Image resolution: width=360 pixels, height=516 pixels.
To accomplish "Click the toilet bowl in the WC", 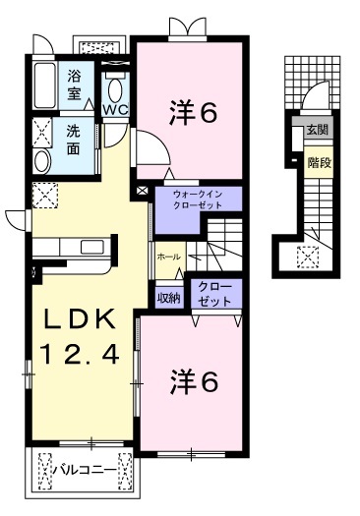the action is click(x=115, y=89).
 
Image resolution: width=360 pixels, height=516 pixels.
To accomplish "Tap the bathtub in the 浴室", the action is click(x=45, y=86).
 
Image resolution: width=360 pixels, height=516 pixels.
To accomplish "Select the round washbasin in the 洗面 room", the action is click(x=42, y=161).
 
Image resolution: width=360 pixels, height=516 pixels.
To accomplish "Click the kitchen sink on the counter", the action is click(x=91, y=247).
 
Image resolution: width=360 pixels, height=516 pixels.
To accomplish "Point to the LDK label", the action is click(x=81, y=319).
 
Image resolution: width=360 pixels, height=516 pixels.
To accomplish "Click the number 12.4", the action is click(x=79, y=354).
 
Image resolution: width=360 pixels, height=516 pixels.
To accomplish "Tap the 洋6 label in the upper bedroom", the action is click(x=193, y=113).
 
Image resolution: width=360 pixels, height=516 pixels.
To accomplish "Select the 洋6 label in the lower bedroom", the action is click(x=194, y=382).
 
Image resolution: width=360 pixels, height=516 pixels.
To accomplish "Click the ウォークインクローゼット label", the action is click(x=198, y=200).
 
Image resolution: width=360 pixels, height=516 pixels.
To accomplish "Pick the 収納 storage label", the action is click(x=169, y=298).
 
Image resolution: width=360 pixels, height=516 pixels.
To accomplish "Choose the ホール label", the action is click(x=168, y=257).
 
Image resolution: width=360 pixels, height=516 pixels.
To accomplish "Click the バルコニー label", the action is click(x=86, y=470).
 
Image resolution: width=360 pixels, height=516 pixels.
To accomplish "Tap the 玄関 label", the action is click(x=318, y=130).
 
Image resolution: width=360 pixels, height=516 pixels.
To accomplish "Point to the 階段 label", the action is click(x=319, y=162).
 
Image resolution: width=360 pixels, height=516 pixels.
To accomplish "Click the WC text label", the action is click(x=115, y=110).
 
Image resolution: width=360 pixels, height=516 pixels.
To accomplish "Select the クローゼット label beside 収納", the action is click(x=215, y=294).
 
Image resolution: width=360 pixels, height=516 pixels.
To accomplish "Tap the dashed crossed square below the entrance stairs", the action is click(x=308, y=257).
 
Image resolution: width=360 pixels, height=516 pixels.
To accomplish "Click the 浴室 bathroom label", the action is click(x=74, y=86).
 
